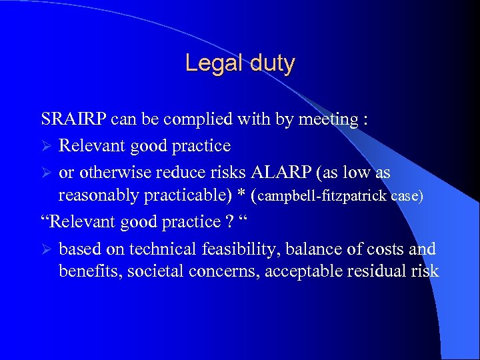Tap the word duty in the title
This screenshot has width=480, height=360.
click(x=270, y=64)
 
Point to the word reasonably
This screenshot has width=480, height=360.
click(x=97, y=196)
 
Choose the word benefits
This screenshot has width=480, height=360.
click(x=85, y=272)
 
